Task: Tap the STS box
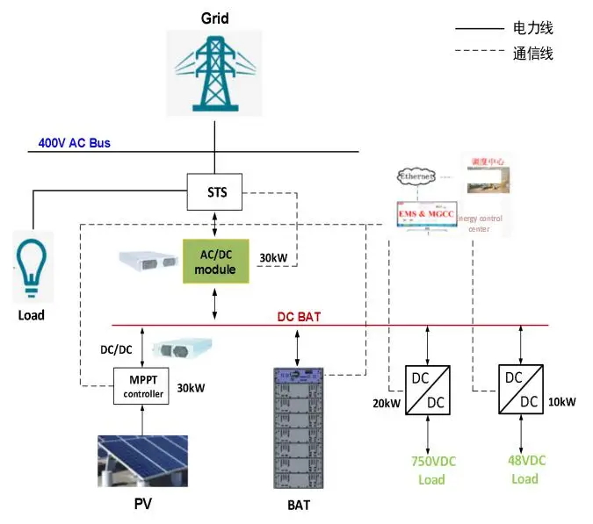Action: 215,191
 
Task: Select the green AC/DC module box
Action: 215,262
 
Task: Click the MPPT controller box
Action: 142,387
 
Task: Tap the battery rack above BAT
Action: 299,427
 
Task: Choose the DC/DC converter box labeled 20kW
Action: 427,389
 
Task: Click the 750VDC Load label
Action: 433,470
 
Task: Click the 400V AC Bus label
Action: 74,142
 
